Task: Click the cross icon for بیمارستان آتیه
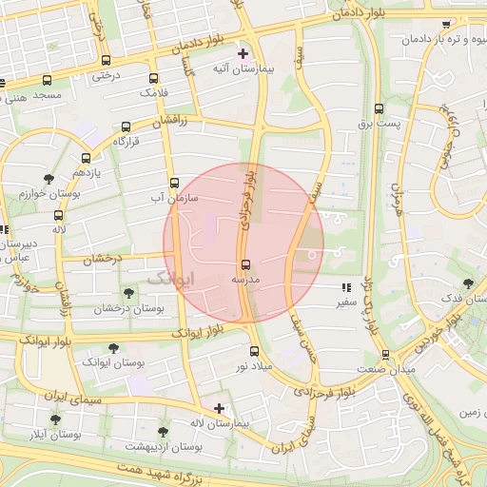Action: pyautogui.click(x=243, y=53)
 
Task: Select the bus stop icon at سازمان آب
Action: pyautogui.click(x=173, y=183)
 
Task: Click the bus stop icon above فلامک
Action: pyautogui.click(x=153, y=79)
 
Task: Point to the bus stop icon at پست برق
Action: pyautogui.click(x=379, y=108)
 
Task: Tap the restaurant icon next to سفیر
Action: pyautogui.click(x=344, y=287)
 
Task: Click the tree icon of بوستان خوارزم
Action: pyautogui.click(x=49, y=178)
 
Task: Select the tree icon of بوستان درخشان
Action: pyautogui.click(x=128, y=293)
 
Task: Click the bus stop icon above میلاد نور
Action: pyautogui.click(x=254, y=350)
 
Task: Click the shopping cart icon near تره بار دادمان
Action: pyautogui.click(x=446, y=24)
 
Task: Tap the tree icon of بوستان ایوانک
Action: pyautogui.click(x=113, y=348)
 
